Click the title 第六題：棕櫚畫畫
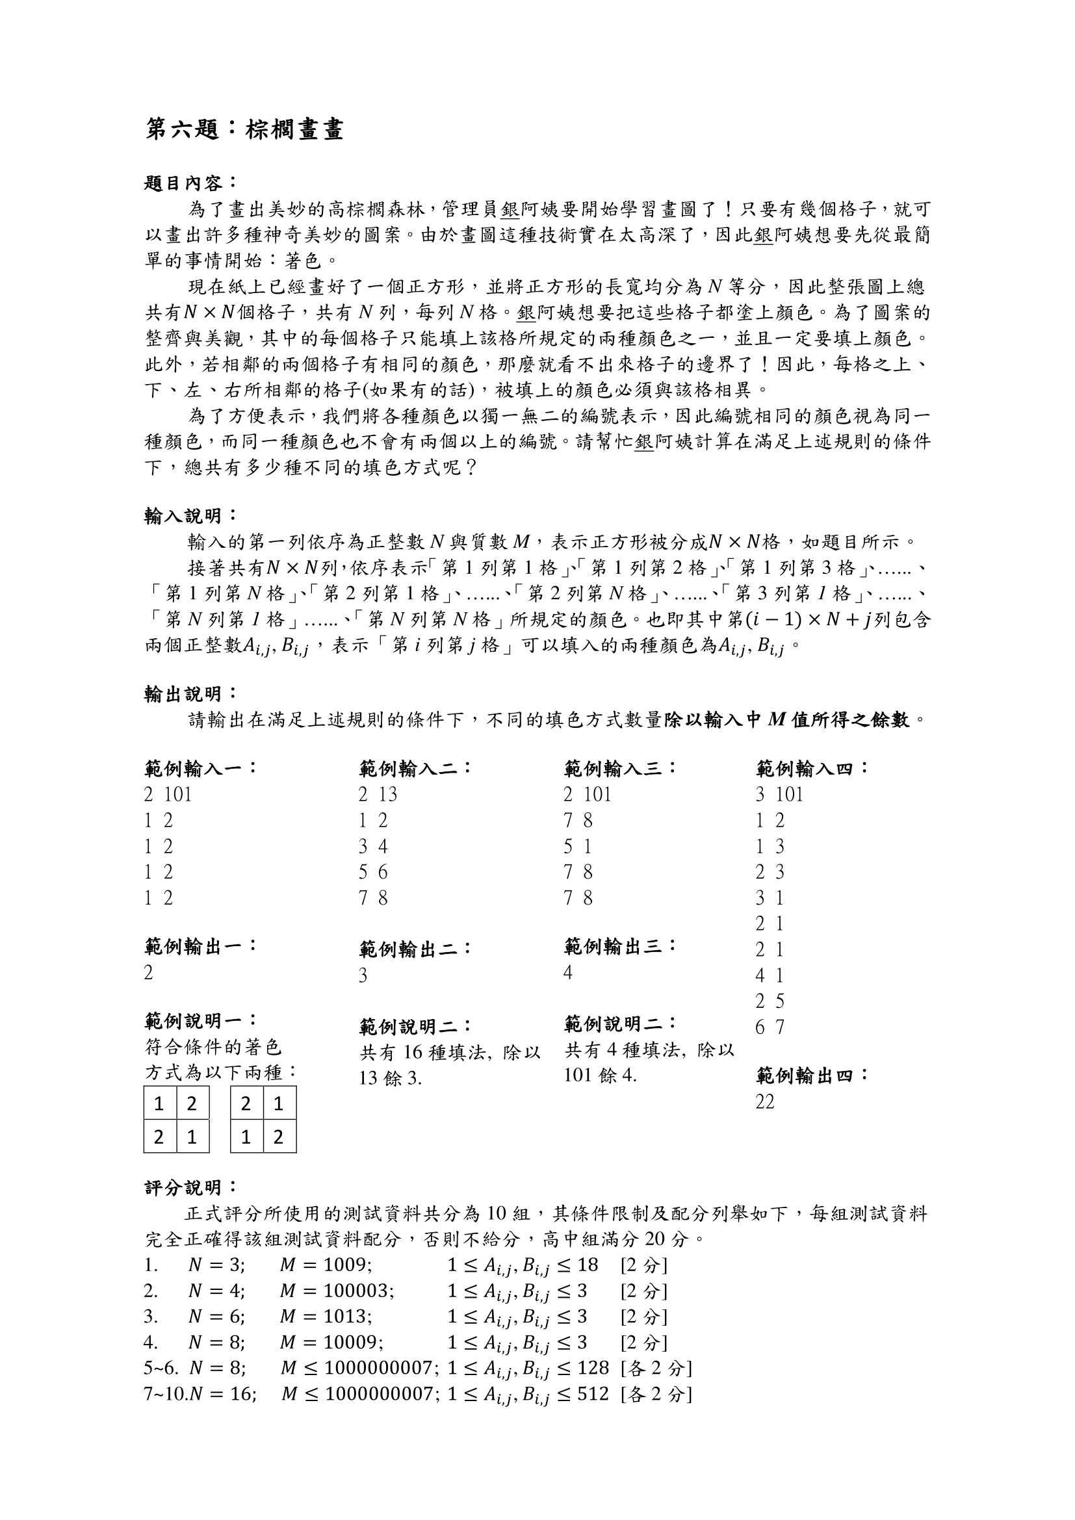(x=244, y=129)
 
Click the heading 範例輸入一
(x=200, y=769)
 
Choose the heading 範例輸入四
(x=812, y=769)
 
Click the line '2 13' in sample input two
(x=378, y=794)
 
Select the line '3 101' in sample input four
(x=779, y=794)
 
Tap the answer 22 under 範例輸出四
(x=764, y=1102)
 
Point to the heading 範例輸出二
(x=416, y=949)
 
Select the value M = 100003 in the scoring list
(x=337, y=1291)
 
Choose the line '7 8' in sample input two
(x=373, y=898)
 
